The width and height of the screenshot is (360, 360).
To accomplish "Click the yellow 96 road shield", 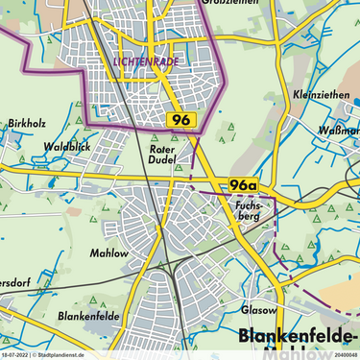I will coord(181,120).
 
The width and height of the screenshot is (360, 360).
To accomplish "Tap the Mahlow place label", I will coord(108,253).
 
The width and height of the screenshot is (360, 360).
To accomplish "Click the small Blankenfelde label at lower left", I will coord(87,315).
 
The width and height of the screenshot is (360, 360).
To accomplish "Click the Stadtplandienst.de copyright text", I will coord(59,355).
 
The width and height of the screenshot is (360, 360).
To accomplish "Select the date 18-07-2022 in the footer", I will coord(14,355).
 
